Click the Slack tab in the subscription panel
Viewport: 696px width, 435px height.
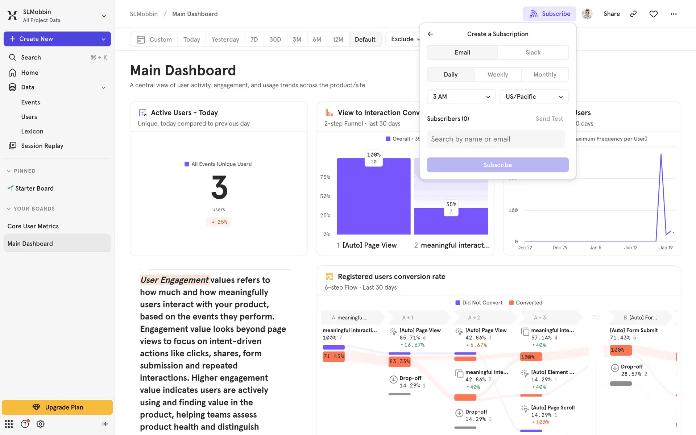point(533,53)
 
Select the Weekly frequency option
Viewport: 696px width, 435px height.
point(497,75)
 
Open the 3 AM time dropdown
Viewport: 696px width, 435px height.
point(461,97)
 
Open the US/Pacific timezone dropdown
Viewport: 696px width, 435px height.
point(534,97)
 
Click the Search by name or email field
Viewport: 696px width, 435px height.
point(496,139)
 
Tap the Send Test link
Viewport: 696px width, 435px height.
point(549,119)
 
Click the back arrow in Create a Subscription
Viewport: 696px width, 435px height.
point(431,34)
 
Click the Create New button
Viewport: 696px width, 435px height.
point(57,39)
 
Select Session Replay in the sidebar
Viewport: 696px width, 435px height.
point(42,146)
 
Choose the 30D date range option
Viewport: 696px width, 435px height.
point(275,40)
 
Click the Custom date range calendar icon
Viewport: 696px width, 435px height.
point(141,40)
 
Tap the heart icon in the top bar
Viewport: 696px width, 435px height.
point(653,14)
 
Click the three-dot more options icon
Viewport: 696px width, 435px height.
point(674,14)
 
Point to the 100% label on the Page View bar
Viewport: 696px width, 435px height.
point(374,155)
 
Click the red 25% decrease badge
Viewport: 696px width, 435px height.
point(219,222)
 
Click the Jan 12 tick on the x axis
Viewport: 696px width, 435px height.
point(630,248)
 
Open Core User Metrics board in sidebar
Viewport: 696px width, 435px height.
point(33,226)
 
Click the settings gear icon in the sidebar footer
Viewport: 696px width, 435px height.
point(41,424)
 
